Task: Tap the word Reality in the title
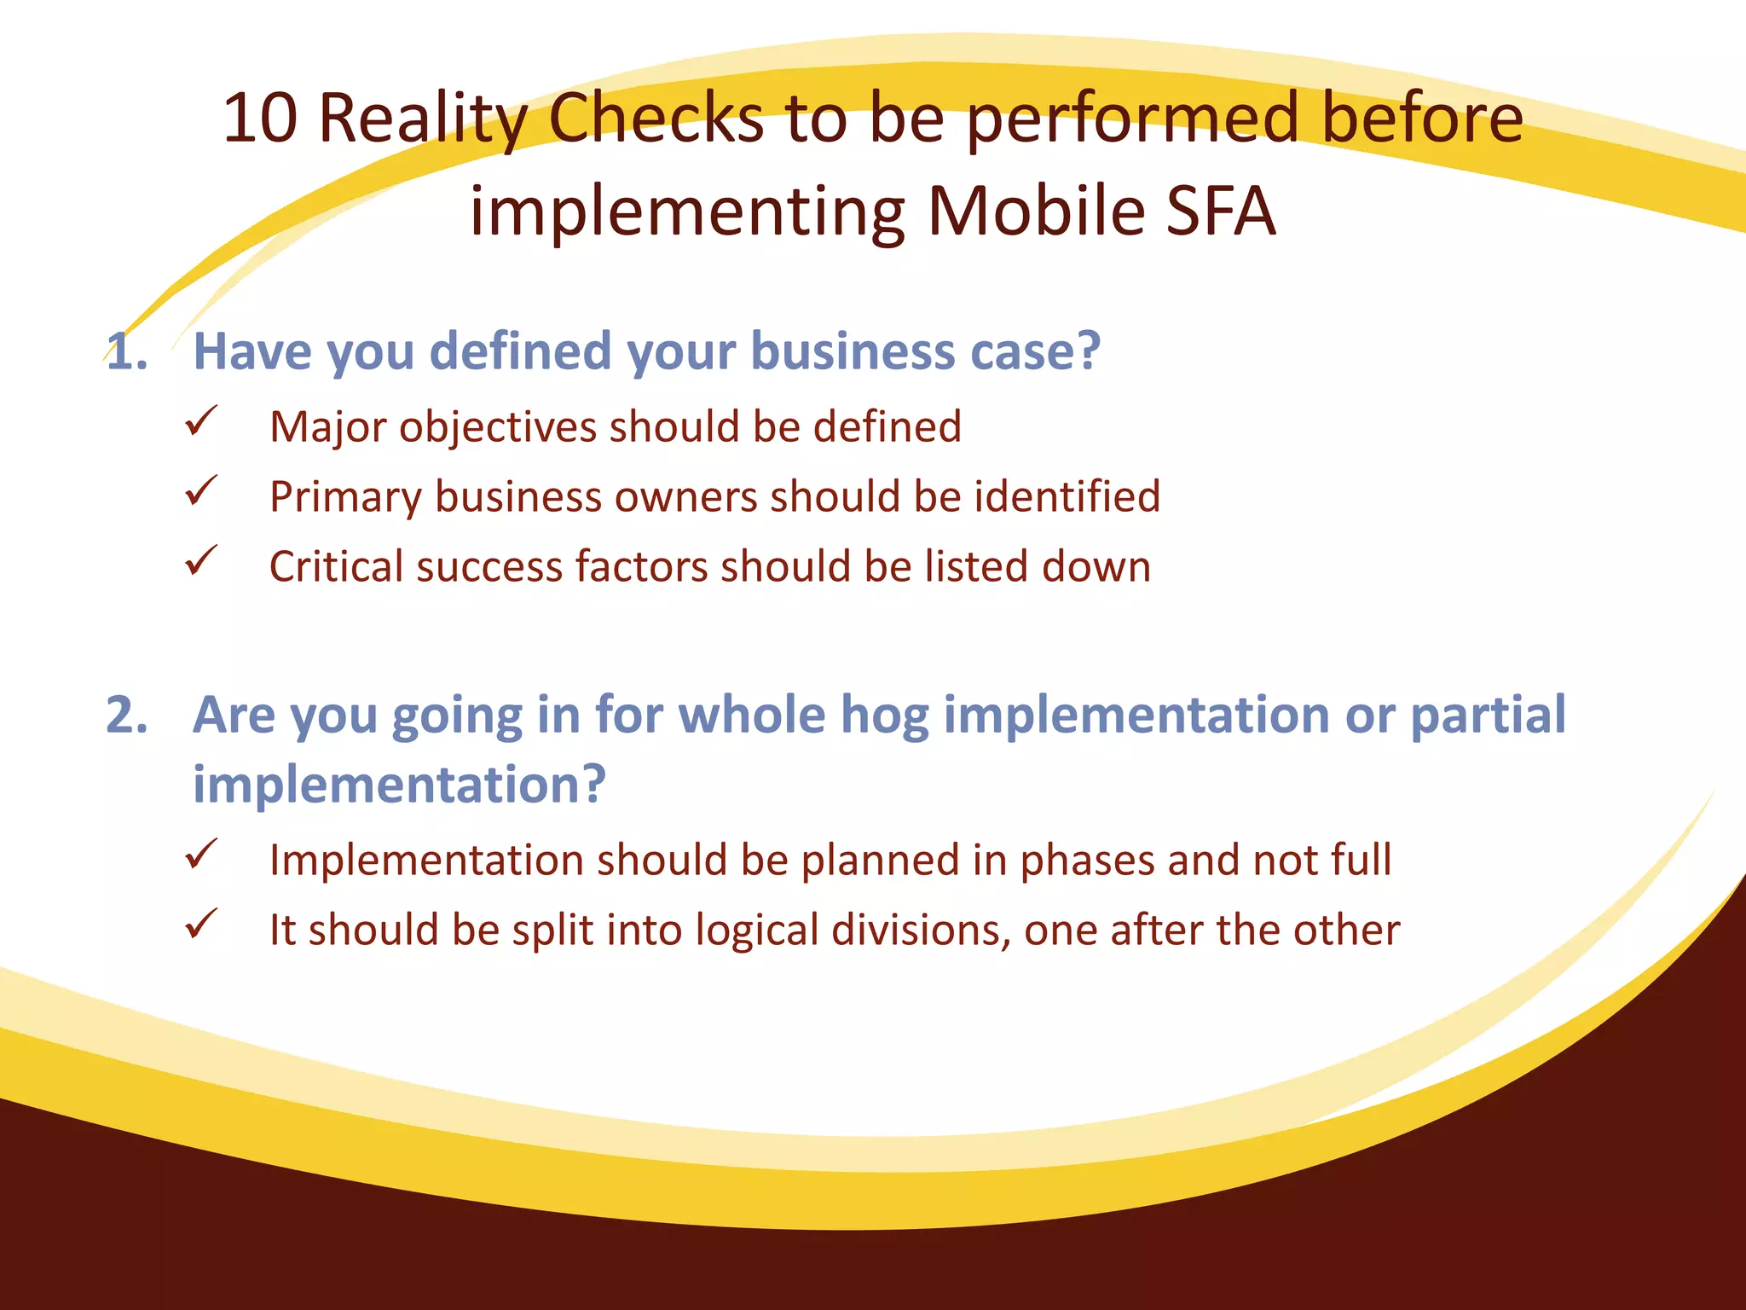coord(423,119)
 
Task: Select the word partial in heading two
coord(1488,715)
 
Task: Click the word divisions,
coord(921,930)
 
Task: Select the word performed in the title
coord(1133,119)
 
